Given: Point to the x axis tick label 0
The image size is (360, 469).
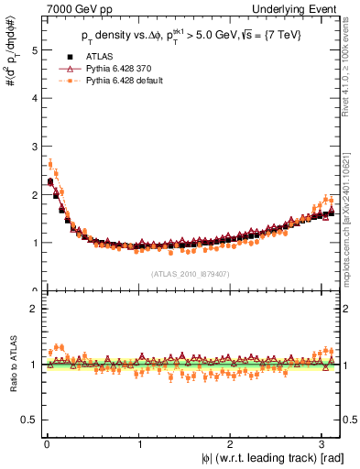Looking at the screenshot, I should [47, 446].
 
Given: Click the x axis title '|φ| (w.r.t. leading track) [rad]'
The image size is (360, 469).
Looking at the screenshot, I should [265, 459].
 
